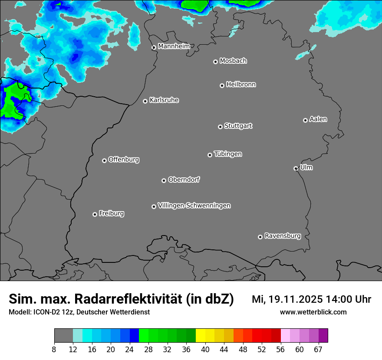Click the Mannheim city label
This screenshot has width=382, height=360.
(x=174, y=46)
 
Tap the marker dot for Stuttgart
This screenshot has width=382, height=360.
(x=220, y=127)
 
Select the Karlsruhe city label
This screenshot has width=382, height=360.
(x=164, y=100)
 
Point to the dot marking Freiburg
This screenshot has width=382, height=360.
(x=95, y=214)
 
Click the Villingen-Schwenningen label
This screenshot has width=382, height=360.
(x=194, y=206)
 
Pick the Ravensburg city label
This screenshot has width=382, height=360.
(x=283, y=236)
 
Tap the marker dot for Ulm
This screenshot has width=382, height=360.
(x=296, y=168)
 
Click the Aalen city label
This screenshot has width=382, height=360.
(x=318, y=119)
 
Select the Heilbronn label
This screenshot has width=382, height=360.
(x=241, y=85)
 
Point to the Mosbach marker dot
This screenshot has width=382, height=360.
(x=215, y=62)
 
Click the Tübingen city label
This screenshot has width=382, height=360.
(x=228, y=154)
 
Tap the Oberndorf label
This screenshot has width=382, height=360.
(x=184, y=180)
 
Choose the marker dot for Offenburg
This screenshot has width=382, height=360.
(x=104, y=160)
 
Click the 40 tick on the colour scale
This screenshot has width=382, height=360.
(x=205, y=350)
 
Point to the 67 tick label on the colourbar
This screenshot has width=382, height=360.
(x=318, y=350)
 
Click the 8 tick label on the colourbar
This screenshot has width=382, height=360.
(x=54, y=350)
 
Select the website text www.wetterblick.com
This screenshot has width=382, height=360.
(x=313, y=312)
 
